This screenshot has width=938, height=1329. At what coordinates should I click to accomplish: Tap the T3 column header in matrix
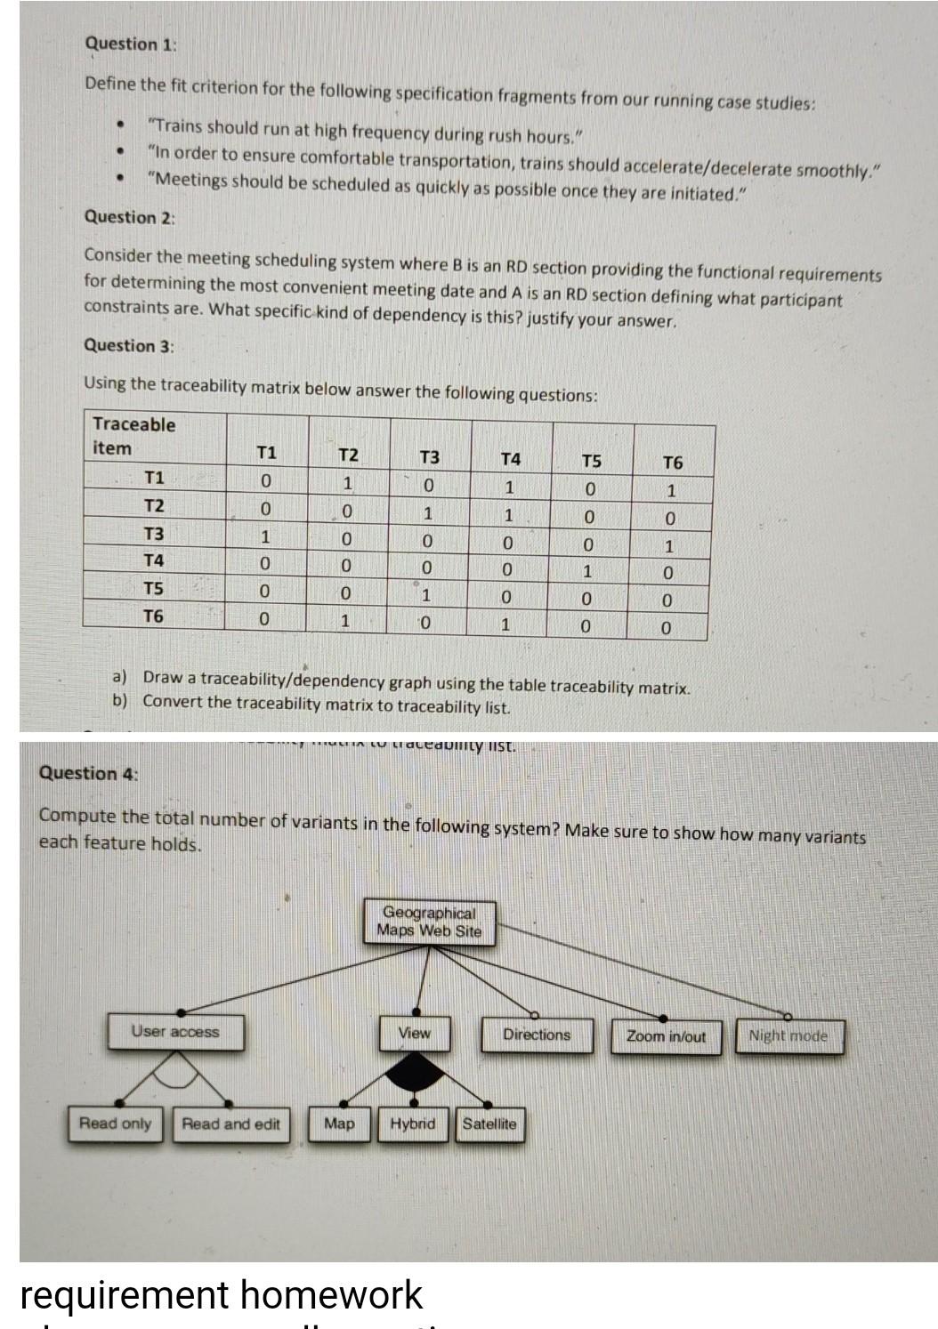(x=429, y=457)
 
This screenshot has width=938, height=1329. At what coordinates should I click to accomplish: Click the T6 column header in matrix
(x=673, y=463)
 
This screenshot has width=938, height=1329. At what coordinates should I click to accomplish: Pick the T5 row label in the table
(x=154, y=588)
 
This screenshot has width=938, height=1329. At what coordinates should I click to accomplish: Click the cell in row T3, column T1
(x=265, y=537)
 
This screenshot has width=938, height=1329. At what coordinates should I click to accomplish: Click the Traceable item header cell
(x=133, y=436)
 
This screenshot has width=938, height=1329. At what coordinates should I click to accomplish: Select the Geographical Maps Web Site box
(x=429, y=922)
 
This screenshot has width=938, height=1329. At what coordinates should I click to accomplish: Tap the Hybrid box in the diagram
(x=412, y=1124)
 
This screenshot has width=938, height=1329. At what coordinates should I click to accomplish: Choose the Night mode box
(x=788, y=1035)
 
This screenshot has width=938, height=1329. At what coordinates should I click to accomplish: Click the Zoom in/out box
(x=666, y=1036)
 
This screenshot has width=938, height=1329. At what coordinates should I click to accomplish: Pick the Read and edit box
(x=230, y=1124)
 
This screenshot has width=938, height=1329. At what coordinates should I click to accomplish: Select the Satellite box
(x=489, y=1124)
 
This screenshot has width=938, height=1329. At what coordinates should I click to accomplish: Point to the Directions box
(x=537, y=1035)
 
